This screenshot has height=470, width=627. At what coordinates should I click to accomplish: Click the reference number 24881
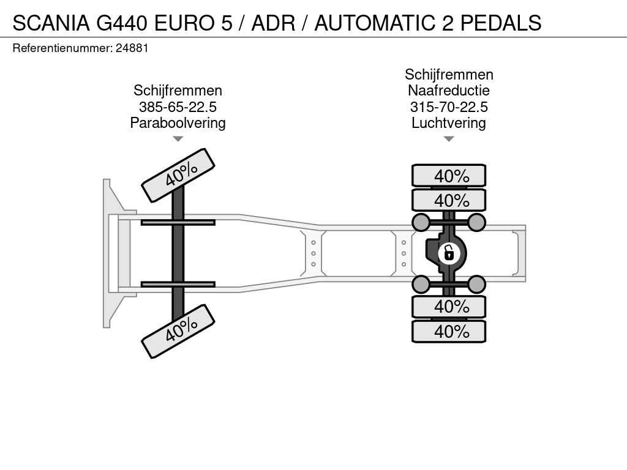(132, 48)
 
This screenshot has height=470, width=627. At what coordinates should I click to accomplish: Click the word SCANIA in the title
(51, 23)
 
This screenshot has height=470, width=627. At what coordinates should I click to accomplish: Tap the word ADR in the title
(273, 23)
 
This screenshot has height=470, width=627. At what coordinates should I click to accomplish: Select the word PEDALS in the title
(501, 23)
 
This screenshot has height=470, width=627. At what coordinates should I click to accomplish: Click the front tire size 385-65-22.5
(178, 106)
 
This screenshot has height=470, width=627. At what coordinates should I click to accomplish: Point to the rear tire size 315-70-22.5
(449, 106)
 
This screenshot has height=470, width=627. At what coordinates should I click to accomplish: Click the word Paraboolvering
(178, 122)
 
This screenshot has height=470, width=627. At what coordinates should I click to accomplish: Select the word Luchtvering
(449, 122)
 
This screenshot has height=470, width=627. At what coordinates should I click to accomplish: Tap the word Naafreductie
(449, 91)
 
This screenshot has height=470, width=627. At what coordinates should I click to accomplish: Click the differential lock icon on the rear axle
(449, 253)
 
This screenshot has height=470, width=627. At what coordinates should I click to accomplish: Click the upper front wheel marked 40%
(178, 176)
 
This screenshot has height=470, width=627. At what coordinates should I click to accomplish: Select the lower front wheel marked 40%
(178, 331)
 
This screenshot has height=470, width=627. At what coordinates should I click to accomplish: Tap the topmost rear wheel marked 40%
(449, 176)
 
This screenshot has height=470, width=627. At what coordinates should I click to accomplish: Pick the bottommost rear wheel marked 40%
(449, 331)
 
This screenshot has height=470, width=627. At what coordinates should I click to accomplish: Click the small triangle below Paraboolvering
(178, 139)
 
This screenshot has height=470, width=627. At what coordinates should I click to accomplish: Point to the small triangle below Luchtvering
(449, 139)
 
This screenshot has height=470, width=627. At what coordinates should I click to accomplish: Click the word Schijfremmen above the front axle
(178, 91)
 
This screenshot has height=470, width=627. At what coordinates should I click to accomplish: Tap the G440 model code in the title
(122, 23)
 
